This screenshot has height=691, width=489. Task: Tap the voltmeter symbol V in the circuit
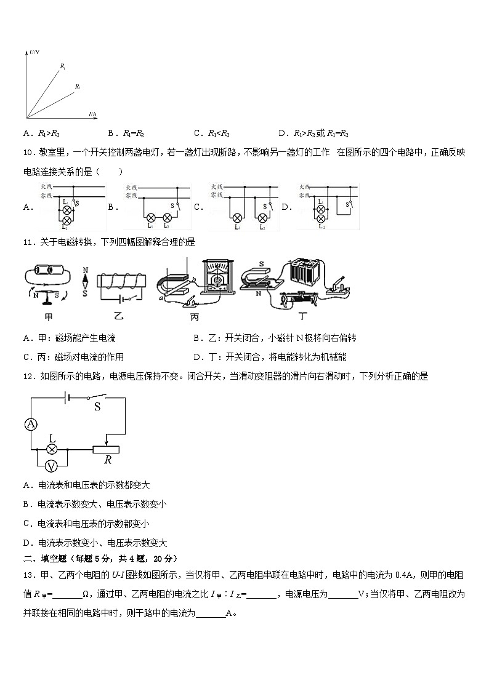52,465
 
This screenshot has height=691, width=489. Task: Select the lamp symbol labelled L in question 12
52,449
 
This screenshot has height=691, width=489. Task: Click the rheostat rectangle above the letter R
108,449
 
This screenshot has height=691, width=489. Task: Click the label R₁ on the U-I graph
63,65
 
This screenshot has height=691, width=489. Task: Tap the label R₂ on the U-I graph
78,87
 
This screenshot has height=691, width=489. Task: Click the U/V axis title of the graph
34,54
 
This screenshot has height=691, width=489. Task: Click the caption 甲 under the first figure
47,317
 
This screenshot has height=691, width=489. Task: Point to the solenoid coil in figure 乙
122,282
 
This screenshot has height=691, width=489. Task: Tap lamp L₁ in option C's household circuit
237,218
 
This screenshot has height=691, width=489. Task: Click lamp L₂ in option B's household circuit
166,218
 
